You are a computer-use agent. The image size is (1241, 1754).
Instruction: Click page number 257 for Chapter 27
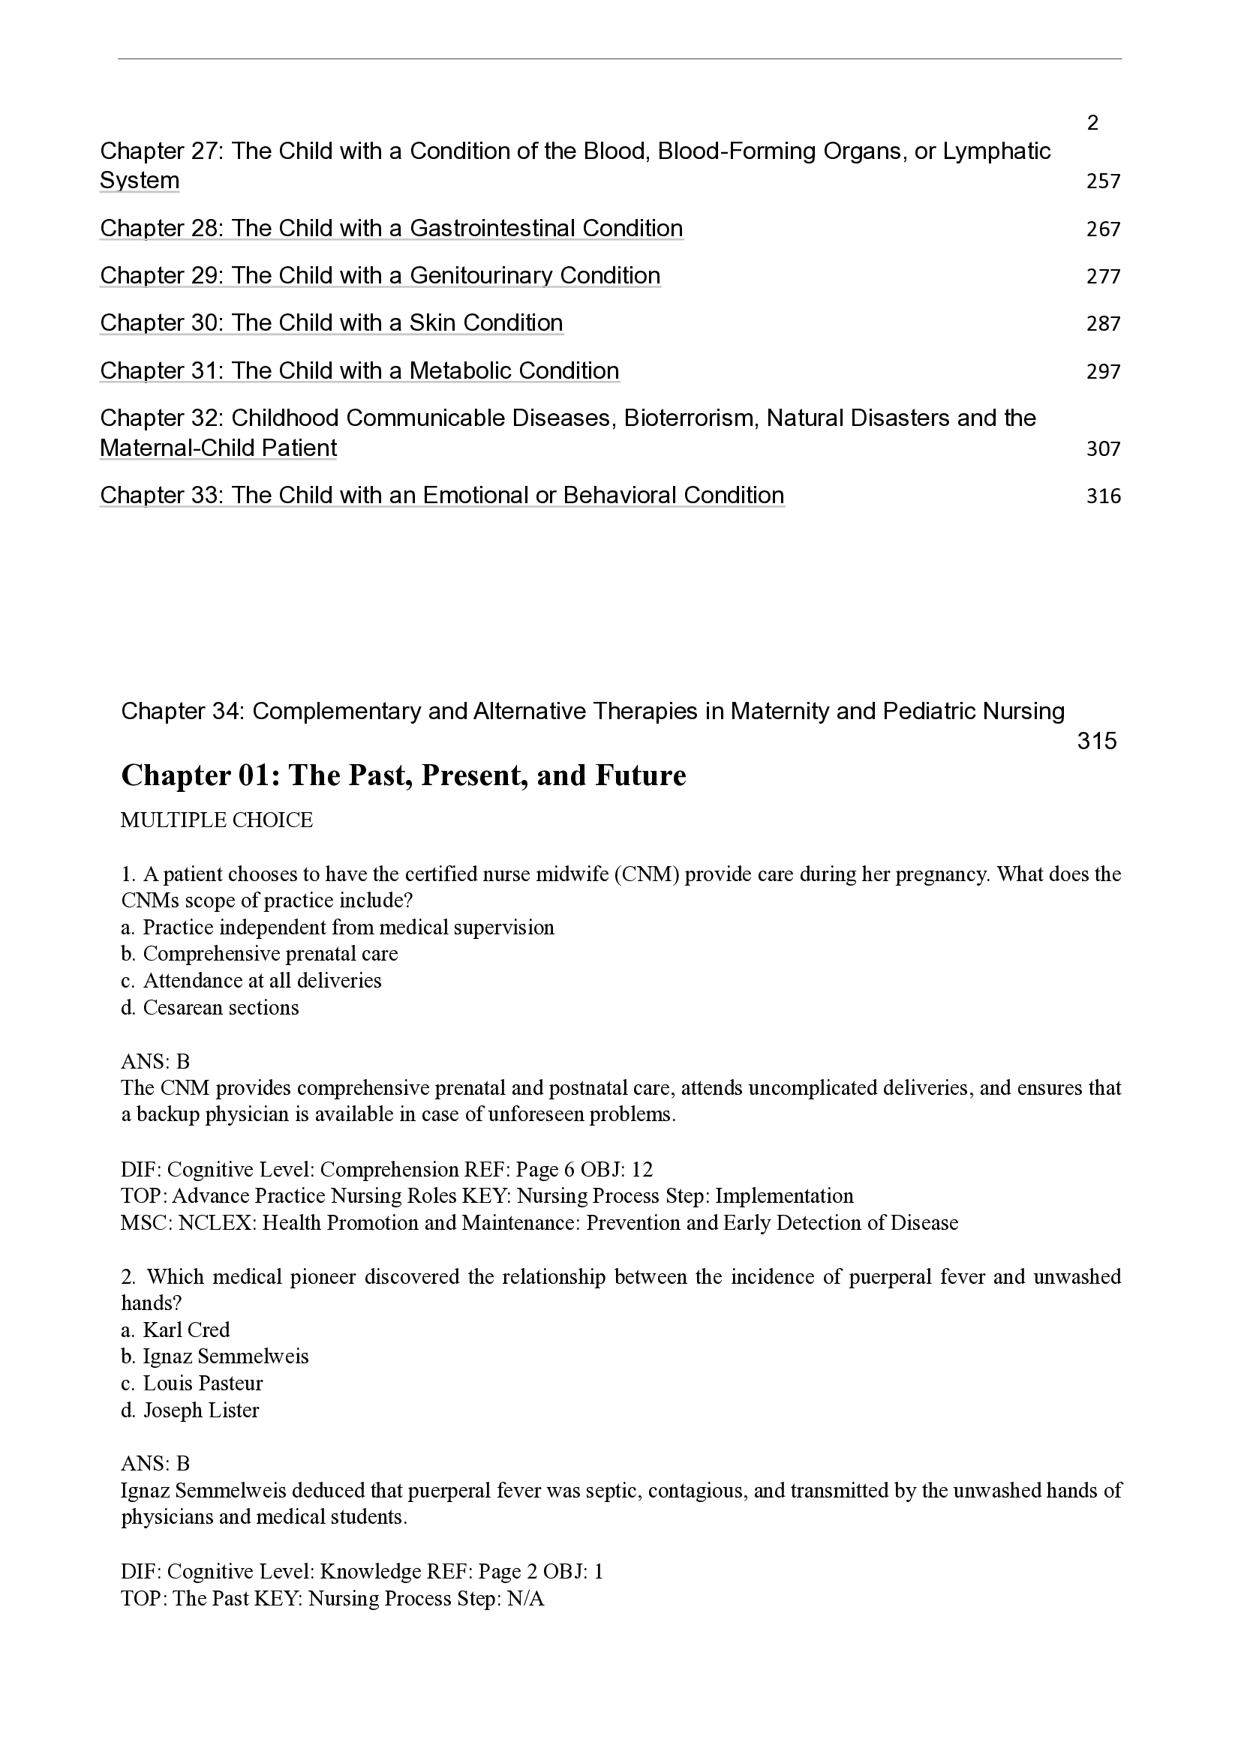1103,181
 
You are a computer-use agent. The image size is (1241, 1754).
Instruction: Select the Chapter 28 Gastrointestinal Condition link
391,229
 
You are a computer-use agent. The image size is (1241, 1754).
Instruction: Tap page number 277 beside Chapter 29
1103,277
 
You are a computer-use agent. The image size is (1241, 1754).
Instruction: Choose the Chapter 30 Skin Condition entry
331,323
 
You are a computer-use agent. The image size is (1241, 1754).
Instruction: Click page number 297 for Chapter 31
1103,372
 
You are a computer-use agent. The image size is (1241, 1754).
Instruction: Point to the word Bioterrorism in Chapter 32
693,418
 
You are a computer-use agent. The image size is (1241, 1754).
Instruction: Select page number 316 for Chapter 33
1103,496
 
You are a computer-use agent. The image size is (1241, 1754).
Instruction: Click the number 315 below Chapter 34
1097,741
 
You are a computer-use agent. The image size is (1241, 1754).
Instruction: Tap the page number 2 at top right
1092,123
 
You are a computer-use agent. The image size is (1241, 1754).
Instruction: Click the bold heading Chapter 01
404,775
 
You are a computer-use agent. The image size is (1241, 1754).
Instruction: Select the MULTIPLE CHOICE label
217,820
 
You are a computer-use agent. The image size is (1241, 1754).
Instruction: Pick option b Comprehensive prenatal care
260,954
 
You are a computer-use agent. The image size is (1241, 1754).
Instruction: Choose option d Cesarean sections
210,1008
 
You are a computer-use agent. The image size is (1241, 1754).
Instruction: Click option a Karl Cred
176,1330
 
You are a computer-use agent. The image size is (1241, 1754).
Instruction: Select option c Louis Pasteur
192,1384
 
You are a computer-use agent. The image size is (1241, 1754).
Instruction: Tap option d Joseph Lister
191,1411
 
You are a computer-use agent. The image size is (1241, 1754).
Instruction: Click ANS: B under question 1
155,1062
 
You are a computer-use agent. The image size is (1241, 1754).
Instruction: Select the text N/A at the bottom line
526,1599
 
